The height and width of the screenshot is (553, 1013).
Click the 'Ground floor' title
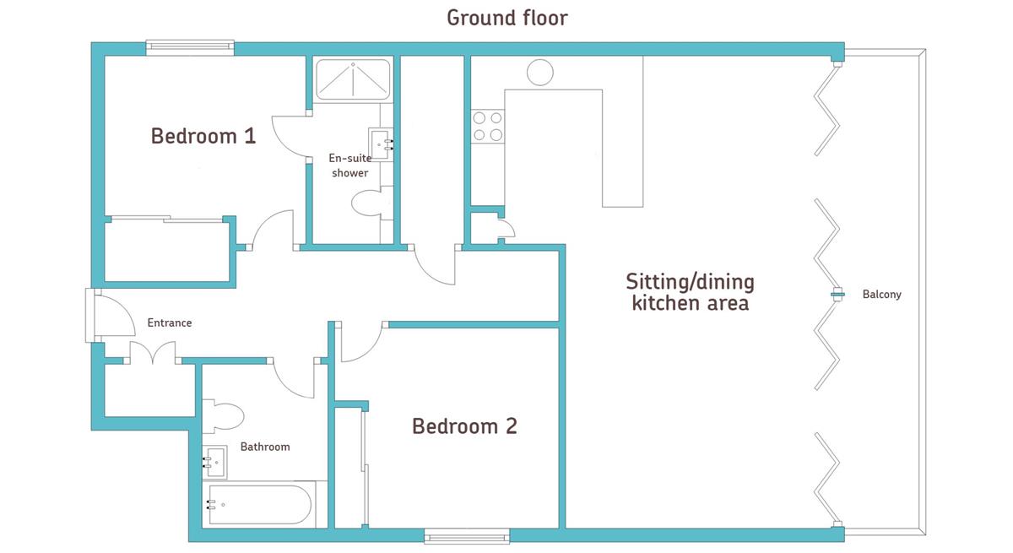coord(507,18)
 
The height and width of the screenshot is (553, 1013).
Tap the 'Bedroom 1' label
coord(203,136)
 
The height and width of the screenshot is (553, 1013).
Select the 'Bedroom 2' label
coord(464,426)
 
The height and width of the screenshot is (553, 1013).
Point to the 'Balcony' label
coord(881,295)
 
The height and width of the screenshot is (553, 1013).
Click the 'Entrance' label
coord(170,323)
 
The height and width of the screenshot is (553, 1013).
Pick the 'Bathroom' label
coord(265,447)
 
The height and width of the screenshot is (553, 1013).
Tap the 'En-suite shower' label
coord(350,165)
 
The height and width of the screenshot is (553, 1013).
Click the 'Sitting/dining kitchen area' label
coord(691,293)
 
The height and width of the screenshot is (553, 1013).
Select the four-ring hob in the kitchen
coord(488,127)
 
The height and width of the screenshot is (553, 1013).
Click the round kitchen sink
coord(540,72)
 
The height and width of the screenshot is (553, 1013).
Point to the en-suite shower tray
coord(353,79)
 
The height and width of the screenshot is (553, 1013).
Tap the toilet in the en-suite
coord(368,203)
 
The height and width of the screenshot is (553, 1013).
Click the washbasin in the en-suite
coord(381,144)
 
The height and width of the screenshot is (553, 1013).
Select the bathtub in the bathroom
coord(259,505)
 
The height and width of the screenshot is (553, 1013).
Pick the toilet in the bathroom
coord(223,416)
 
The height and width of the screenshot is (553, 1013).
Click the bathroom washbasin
coord(214,463)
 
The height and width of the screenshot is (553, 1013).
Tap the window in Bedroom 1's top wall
coord(190,47)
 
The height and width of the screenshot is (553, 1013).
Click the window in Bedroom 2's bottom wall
coord(467,536)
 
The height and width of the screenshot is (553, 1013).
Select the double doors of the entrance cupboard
coord(153,353)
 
